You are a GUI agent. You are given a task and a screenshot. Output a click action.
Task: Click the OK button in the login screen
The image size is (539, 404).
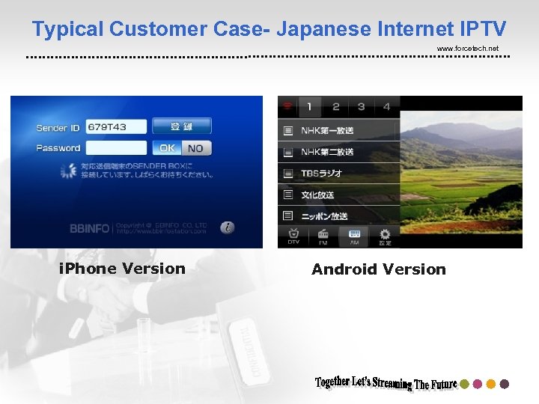(x=168, y=148)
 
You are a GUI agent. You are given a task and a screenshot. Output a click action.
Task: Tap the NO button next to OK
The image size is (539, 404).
(x=196, y=148)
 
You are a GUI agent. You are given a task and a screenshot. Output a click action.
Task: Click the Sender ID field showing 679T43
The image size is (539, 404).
(x=117, y=127)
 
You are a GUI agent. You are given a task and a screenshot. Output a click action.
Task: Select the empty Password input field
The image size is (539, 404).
(x=117, y=148)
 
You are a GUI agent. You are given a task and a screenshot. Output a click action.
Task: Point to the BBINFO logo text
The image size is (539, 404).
(x=89, y=228)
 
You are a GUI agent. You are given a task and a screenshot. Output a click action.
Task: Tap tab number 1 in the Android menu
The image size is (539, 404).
(x=310, y=106)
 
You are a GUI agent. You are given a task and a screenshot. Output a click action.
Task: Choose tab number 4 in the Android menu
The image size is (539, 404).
(x=386, y=106)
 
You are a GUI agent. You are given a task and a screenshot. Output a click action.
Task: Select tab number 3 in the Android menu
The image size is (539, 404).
(x=361, y=106)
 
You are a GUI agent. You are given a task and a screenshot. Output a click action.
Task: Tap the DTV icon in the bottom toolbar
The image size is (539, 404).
(x=293, y=236)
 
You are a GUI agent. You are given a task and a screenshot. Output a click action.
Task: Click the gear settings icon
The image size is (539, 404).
(x=384, y=236)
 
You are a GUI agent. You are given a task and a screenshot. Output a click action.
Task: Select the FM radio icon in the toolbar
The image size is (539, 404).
(x=323, y=236)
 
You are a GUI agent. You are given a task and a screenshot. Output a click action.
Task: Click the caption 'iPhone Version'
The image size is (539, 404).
(x=122, y=269)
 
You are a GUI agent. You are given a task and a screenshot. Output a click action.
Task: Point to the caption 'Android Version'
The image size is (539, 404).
(x=378, y=269)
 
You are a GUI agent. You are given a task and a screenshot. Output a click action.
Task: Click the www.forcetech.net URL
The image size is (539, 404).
(x=467, y=49)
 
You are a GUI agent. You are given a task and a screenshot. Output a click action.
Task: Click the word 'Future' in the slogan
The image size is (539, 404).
(x=442, y=384)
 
